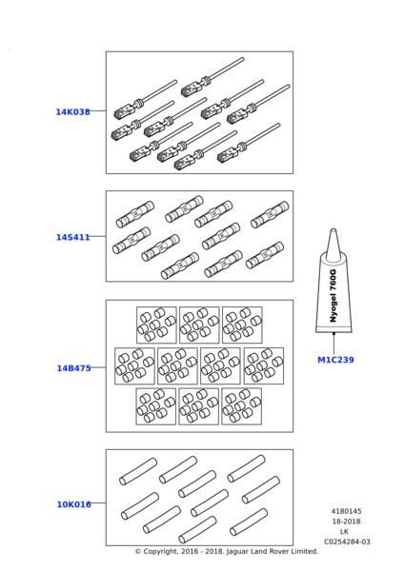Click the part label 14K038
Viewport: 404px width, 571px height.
73,111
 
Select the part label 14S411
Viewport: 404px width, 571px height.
73,237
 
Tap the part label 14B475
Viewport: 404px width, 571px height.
73,368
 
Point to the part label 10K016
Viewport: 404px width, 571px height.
74,504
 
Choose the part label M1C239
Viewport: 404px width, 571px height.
335,360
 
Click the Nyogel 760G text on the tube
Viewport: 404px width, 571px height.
333,296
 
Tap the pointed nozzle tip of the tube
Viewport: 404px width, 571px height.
333,230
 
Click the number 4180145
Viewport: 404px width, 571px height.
346,511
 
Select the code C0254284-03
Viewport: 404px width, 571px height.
347,541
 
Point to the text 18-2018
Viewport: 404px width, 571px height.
346,522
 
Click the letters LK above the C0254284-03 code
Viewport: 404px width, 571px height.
344,532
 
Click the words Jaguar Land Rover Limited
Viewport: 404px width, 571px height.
273,551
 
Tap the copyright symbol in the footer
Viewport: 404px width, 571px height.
138,552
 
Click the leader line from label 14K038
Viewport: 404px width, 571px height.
98,110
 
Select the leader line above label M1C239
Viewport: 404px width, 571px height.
333,343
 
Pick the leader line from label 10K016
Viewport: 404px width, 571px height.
98,502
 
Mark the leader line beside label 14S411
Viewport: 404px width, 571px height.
98,236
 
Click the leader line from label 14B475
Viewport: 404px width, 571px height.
98,367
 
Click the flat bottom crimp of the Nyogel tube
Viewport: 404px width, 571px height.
333,329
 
